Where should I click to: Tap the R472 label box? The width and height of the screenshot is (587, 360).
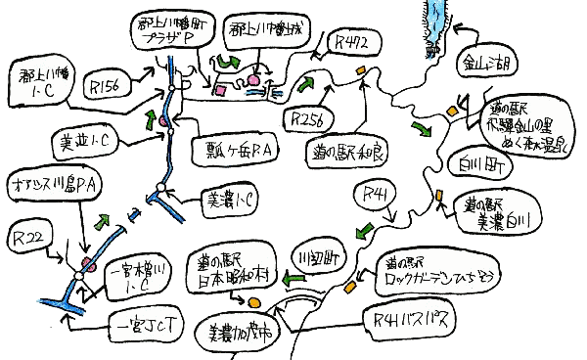(x=353, y=42)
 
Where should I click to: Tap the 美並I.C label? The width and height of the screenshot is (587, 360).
(x=85, y=143)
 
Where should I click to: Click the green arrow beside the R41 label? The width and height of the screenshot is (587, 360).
(x=364, y=231)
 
